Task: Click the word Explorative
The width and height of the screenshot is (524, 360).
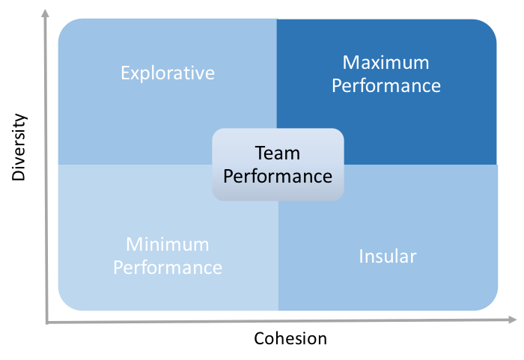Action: (x=168, y=73)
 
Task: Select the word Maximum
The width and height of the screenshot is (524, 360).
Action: (x=386, y=63)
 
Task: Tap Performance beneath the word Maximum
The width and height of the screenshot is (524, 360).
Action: (x=386, y=85)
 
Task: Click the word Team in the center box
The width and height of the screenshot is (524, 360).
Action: (x=278, y=153)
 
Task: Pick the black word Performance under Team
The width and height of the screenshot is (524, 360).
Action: (x=278, y=176)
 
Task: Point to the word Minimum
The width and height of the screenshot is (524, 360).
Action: (x=168, y=244)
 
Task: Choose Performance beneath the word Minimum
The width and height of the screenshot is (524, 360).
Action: (x=168, y=267)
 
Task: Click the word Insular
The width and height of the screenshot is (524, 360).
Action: (x=388, y=257)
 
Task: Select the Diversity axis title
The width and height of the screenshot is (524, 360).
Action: (x=19, y=147)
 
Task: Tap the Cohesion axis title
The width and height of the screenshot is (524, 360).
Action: (x=290, y=338)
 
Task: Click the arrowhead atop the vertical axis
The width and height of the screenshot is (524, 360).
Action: (x=45, y=13)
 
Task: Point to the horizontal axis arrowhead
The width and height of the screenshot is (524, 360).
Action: (x=512, y=320)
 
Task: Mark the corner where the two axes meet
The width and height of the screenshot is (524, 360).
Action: (x=46, y=323)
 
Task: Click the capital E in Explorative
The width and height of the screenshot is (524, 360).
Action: (x=125, y=73)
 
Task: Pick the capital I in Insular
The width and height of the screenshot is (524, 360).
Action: (x=362, y=257)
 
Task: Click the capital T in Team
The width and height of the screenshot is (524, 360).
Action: (x=261, y=153)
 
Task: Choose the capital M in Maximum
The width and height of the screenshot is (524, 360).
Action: (x=350, y=63)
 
